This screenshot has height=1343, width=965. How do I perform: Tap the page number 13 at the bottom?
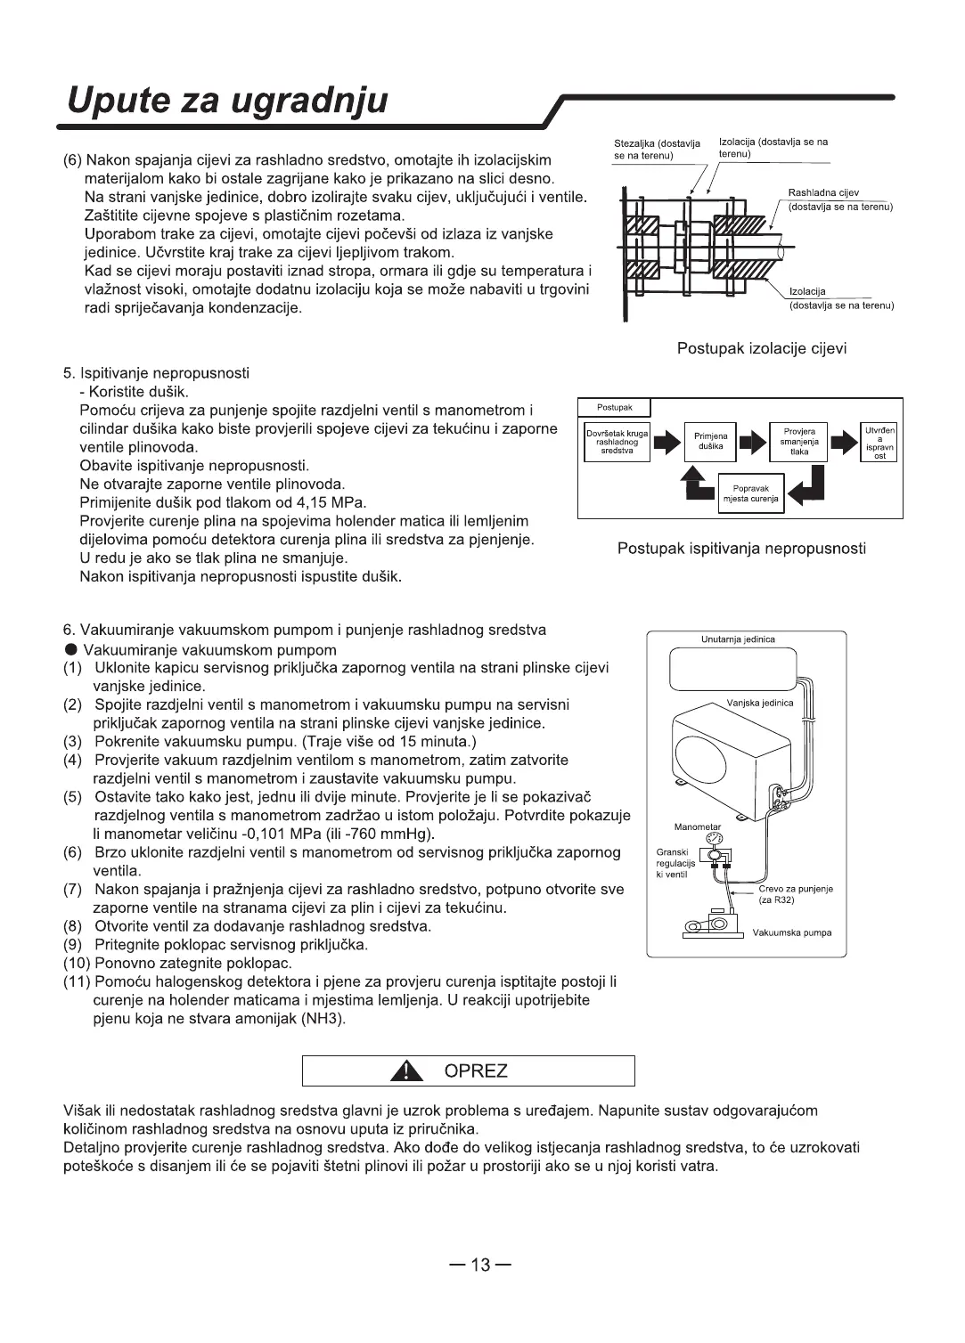tap(481, 1265)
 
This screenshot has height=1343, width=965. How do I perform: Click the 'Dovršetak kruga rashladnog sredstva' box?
tap(617, 442)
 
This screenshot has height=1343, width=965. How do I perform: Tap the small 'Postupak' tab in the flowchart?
tap(614, 408)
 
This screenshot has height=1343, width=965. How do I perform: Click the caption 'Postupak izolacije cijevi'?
tap(762, 348)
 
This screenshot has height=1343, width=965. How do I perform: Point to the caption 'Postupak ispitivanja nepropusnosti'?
tap(741, 548)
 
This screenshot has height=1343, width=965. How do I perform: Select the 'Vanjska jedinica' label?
tap(759, 703)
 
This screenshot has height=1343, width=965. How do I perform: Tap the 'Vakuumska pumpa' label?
tap(792, 932)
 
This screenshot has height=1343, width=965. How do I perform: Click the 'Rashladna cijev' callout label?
tap(823, 192)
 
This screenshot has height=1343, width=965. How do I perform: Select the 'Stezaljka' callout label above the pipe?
tap(657, 149)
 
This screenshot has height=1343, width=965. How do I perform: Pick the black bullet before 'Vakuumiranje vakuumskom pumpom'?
tap(70, 649)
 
